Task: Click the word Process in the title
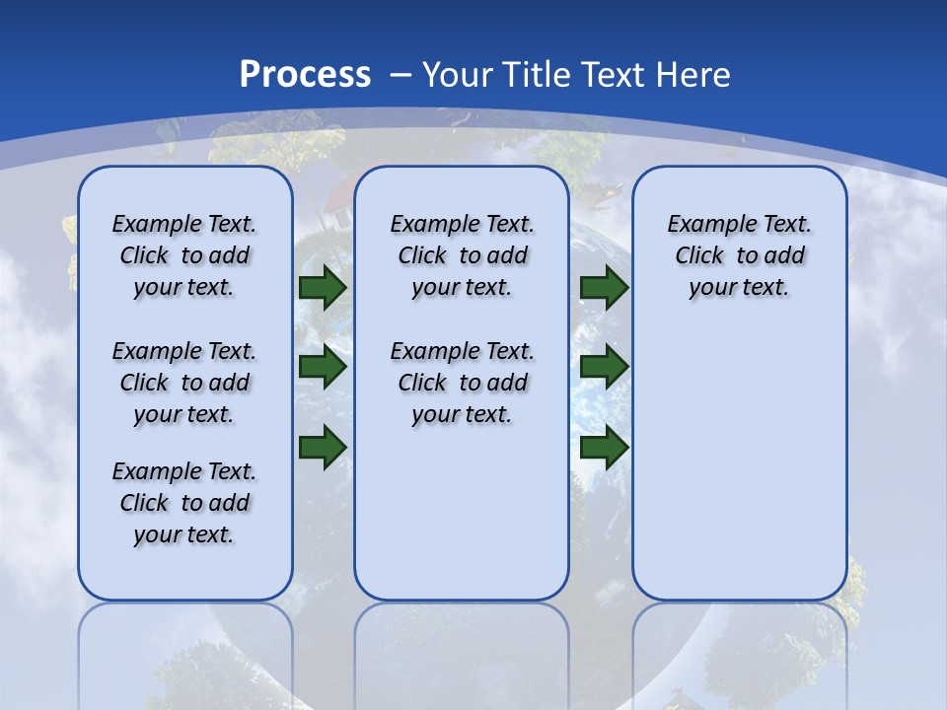tap(305, 75)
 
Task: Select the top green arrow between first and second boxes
tap(323, 287)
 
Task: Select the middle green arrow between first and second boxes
tap(323, 367)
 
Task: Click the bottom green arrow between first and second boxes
tap(323, 448)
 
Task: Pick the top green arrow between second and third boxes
tap(605, 287)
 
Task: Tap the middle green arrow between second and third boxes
tap(605, 367)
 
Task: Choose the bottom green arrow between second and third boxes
tap(605, 448)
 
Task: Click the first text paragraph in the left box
tap(184, 255)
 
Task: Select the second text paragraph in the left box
tap(184, 383)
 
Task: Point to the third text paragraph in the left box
tap(184, 503)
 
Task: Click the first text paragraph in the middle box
tap(462, 255)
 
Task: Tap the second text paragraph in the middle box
tap(462, 383)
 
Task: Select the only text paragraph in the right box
tap(739, 255)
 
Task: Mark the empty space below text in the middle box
tap(462, 513)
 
